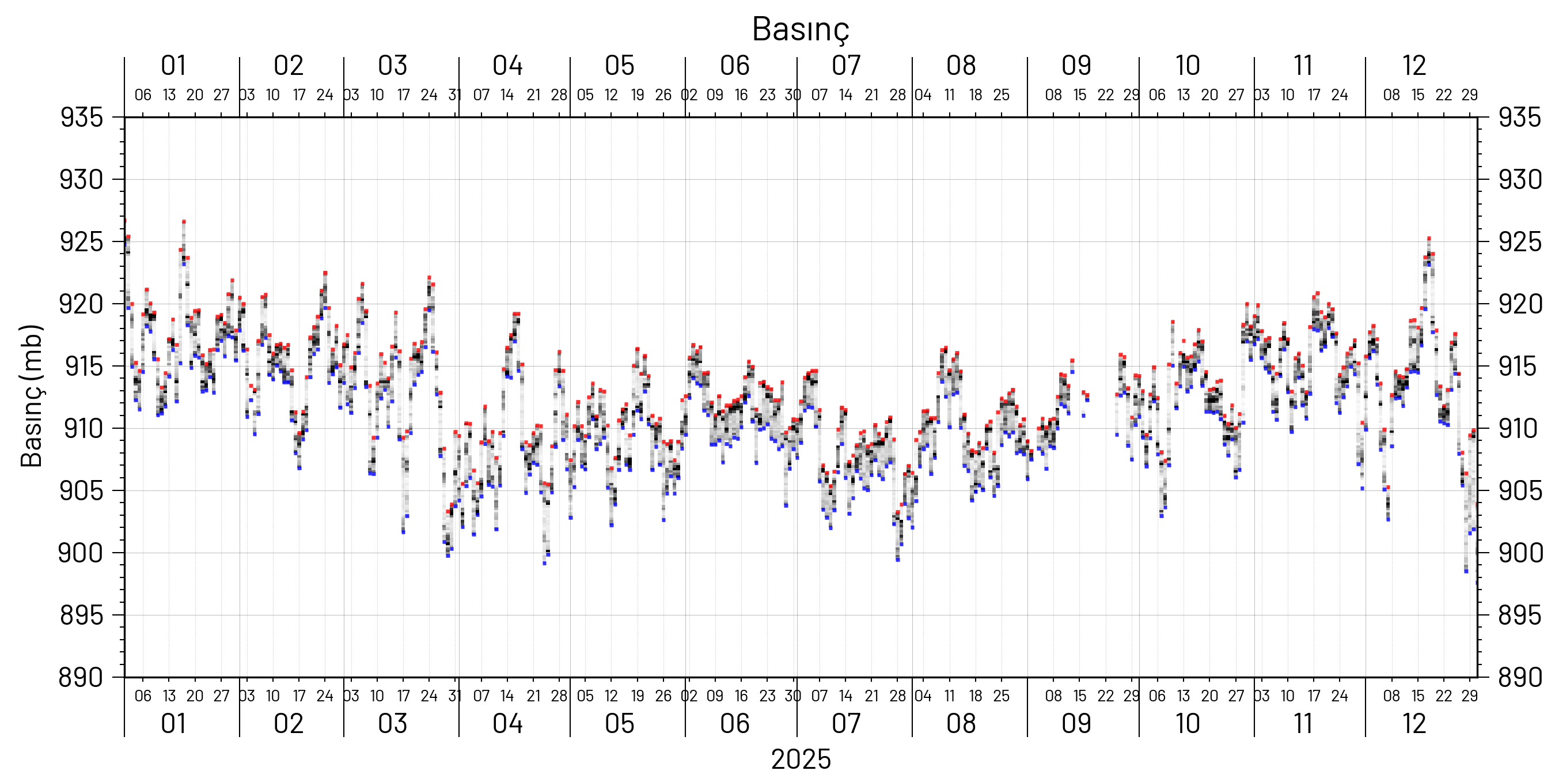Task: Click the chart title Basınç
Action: pyautogui.click(x=801, y=29)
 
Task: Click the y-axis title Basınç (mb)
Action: pyautogui.click(x=32, y=396)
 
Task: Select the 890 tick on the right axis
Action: pyautogui.click(x=1520, y=677)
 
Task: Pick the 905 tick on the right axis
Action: pyautogui.click(x=1520, y=490)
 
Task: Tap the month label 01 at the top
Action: pyautogui.click(x=173, y=66)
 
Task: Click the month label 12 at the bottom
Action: pyautogui.click(x=1414, y=724)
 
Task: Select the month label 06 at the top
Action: pyautogui.click(x=734, y=66)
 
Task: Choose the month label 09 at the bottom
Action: pyautogui.click(x=1076, y=724)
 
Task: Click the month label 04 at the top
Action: pyautogui.click(x=507, y=66)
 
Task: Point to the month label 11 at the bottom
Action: pyautogui.click(x=1303, y=724)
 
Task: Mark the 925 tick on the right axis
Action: pyautogui.click(x=1520, y=241)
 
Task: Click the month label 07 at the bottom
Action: pyautogui.click(x=845, y=724)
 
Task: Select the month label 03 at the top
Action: pyautogui.click(x=392, y=66)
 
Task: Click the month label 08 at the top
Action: pyautogui.click(x=961, y=66)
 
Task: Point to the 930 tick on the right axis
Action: pyautogui.click(x=1520, y=179)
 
